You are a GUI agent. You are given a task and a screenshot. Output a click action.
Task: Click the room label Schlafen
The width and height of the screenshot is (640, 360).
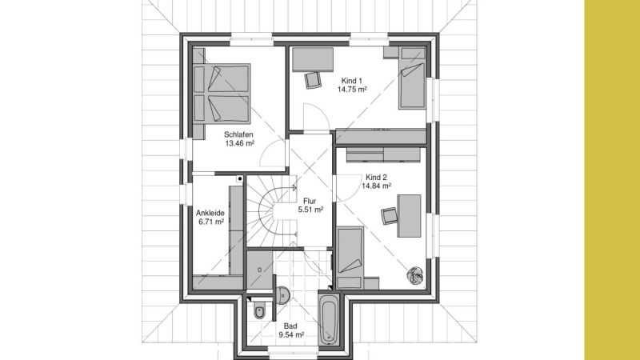(238, 134)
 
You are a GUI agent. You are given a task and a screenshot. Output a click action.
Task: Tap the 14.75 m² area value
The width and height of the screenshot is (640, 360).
(352, 90)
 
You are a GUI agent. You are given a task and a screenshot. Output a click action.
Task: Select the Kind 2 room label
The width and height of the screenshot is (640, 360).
(376, 177)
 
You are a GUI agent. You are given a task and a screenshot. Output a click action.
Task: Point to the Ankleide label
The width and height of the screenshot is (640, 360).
(210, 213)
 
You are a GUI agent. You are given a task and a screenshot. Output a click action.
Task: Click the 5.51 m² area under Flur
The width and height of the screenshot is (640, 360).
(310, 210)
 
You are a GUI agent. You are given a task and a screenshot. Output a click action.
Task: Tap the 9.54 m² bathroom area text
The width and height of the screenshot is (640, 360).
(290, 335)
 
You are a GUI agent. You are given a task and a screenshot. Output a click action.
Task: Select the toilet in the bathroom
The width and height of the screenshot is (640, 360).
(259, 310)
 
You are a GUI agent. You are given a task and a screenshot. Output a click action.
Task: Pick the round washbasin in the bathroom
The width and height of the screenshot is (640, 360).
(283, 294)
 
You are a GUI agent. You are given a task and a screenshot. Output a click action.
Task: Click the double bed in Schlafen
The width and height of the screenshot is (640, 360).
(222, 94)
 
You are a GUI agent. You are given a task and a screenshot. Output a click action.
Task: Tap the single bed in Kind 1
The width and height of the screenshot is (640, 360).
(412, 78)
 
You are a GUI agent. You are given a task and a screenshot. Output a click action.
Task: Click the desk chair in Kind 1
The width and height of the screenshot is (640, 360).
(313, 80)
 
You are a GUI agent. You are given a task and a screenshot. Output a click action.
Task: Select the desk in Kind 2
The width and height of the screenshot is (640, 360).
(409, 216)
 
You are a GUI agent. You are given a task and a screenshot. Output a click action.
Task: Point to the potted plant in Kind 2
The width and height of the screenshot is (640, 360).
(415, 275)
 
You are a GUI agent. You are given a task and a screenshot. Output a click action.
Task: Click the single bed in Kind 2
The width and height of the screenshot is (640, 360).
(350, 258)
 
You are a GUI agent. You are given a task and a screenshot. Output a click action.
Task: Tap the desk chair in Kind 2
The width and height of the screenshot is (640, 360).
(389, 216)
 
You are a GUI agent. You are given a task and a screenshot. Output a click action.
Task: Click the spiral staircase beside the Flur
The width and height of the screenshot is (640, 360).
(272, 211)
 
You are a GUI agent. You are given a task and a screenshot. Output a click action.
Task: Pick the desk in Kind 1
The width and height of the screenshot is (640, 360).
(313, 59)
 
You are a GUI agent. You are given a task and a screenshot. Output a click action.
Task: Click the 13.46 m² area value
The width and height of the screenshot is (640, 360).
(239, 143)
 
